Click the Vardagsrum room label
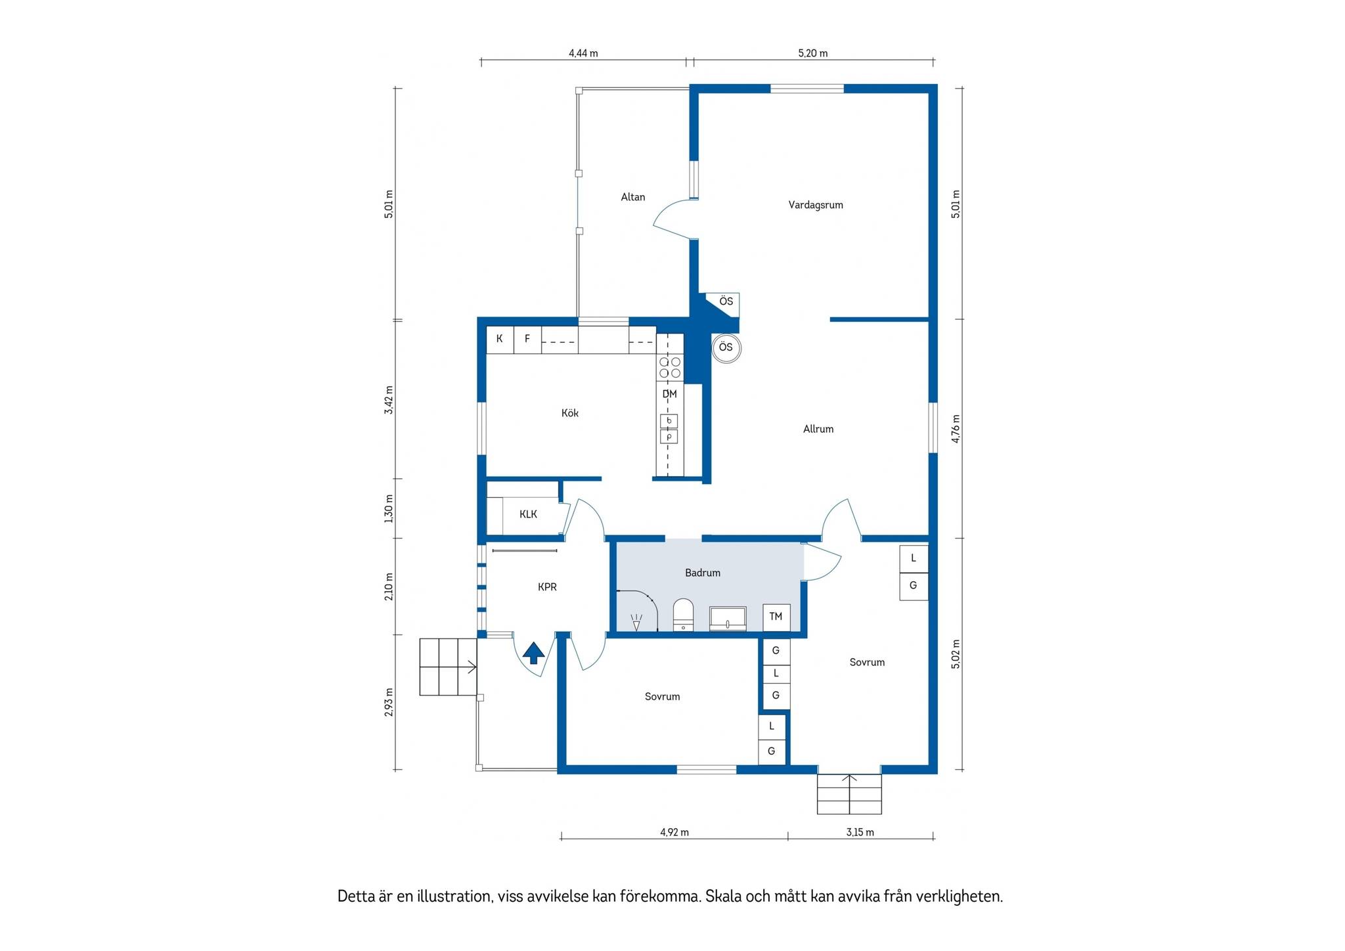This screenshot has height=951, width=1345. pyautogui.click(x=816, y=205)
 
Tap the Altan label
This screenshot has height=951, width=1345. pyautogui.click(x=633, y=197)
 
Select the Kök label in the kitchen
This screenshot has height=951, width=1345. pyautogui.click(x=570, y=413)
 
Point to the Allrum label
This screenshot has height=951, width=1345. pyautogui.click(x=818, y=429)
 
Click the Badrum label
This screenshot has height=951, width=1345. pyautogui.click(x=703, y=573)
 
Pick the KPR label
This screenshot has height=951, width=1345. pyautogui.click(x=547, y=587)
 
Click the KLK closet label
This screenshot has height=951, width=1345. pyautogui.click(x=528, y=514)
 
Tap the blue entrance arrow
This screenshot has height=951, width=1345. pyautogui.click(x=533, y=653)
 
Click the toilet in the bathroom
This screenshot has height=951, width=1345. pyautogui.click(x=684, y=615)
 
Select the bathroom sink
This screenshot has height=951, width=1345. pyautogui.click(x=728, y=619)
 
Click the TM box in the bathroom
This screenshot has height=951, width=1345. pyautogui.click(x=776, y=617)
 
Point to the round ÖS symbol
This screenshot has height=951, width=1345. pyautogui.click(x=726, y=348)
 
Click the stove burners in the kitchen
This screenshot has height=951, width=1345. pyautogui.click(x=670, y=367)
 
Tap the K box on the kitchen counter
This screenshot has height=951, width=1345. pyautogui.click(x=500, y=340)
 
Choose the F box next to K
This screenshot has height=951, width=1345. pyautogui.click(x=527, y=340)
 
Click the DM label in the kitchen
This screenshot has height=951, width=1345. pyautogui.click(x=669, y=394)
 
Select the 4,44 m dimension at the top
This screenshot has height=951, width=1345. pyautogui.click(x=583, y=53)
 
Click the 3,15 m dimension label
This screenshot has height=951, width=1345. pyautogui.click(x=860, y=832)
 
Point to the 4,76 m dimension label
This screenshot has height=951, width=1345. pyautogui.click(x=956, y=429)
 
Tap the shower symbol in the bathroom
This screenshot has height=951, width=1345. pyautogui.click(x=636, y=621)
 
